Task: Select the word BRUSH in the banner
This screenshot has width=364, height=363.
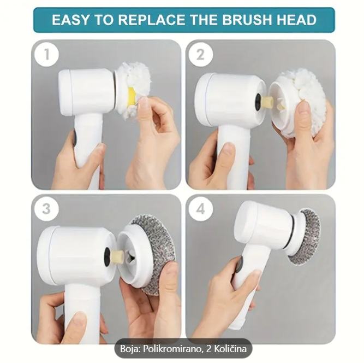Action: coord(247,20)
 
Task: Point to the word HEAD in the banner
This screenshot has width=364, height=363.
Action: coord(296,20)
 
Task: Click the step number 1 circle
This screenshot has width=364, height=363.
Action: coord(46,54)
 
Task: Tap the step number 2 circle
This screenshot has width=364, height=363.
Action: coord(200,55)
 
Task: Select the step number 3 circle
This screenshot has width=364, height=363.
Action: coord(46,208)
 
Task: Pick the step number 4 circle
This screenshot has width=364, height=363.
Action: coord(200,209)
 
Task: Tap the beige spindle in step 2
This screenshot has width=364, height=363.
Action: coord(266,101)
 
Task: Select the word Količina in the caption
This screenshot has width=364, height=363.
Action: coord(230,349)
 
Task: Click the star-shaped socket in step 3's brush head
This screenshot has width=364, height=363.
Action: coord(130,256)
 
